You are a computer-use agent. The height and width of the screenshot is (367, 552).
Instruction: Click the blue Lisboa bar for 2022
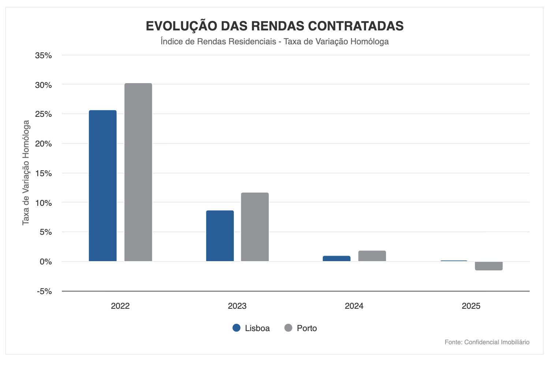click(x=102, y=186)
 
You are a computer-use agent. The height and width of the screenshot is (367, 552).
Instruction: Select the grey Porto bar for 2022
click(x=138, y=172)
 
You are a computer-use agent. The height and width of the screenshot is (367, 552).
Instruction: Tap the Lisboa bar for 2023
click(x=220, y=236)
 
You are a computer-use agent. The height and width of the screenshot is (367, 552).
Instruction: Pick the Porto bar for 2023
click(x=255, y=227)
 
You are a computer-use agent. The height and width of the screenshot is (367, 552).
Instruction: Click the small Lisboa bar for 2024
click(x=336, y=259)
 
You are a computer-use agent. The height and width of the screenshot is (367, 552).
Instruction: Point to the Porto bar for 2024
click(x=372, y=256)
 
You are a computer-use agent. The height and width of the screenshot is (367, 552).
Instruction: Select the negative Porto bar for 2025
click(x=489, y=266)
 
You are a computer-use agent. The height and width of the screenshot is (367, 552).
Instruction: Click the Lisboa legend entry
click(x=251, y=328)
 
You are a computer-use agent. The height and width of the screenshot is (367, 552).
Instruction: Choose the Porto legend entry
click(x=301, y=328)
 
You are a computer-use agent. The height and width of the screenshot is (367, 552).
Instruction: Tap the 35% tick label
click(x=43, y=55)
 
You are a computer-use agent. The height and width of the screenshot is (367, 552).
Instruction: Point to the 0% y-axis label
click(x=46, y=262)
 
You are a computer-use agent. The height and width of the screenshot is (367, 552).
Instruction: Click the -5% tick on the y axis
click(x=44, y=292)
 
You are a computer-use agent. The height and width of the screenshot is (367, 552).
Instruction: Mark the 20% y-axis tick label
click(x=43, y=144)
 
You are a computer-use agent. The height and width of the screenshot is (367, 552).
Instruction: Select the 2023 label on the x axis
click(x=237, y=306)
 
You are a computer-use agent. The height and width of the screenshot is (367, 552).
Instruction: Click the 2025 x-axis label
click(x=471, y=306)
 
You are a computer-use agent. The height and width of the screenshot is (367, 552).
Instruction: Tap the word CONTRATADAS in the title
click(x=356, y=26)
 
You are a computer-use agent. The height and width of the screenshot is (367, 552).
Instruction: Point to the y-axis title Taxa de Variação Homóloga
click(x=26, y=173)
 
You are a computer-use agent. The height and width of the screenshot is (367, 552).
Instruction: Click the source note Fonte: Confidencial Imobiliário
click(x=487, y=342)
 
